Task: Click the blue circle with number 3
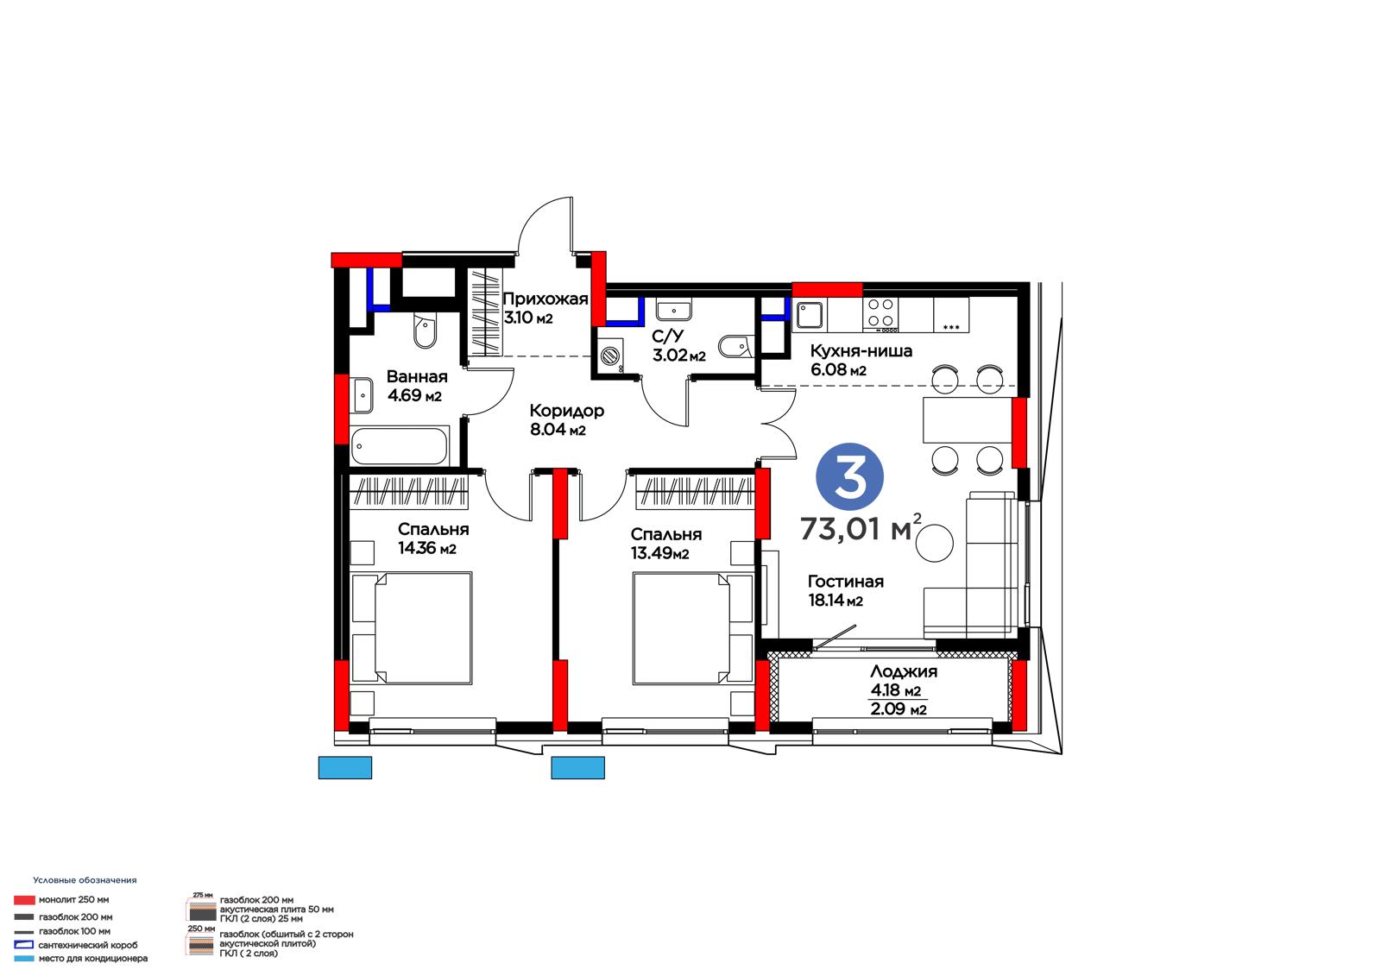point(849,476)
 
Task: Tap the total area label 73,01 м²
point(861,528)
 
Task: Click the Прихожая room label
point(545,299)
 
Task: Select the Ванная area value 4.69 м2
point(414,395)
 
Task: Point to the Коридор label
point(566,411)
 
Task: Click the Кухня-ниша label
point(861,351)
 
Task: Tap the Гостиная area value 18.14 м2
point(836,600)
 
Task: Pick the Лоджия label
point(904,671)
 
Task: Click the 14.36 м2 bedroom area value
point(427,548)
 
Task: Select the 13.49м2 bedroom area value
point(659,553)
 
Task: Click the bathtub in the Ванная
point(400,446)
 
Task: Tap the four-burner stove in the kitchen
point(880,312)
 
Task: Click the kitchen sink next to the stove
point(810,315)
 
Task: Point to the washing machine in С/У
point(610,356)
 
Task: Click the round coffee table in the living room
point(934,543)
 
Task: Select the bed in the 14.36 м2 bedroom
point(423,628)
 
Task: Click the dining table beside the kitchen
point(968,420)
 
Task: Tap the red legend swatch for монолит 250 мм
point(24,899)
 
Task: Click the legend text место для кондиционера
point(93,958)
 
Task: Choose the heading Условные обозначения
point(85,880)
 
